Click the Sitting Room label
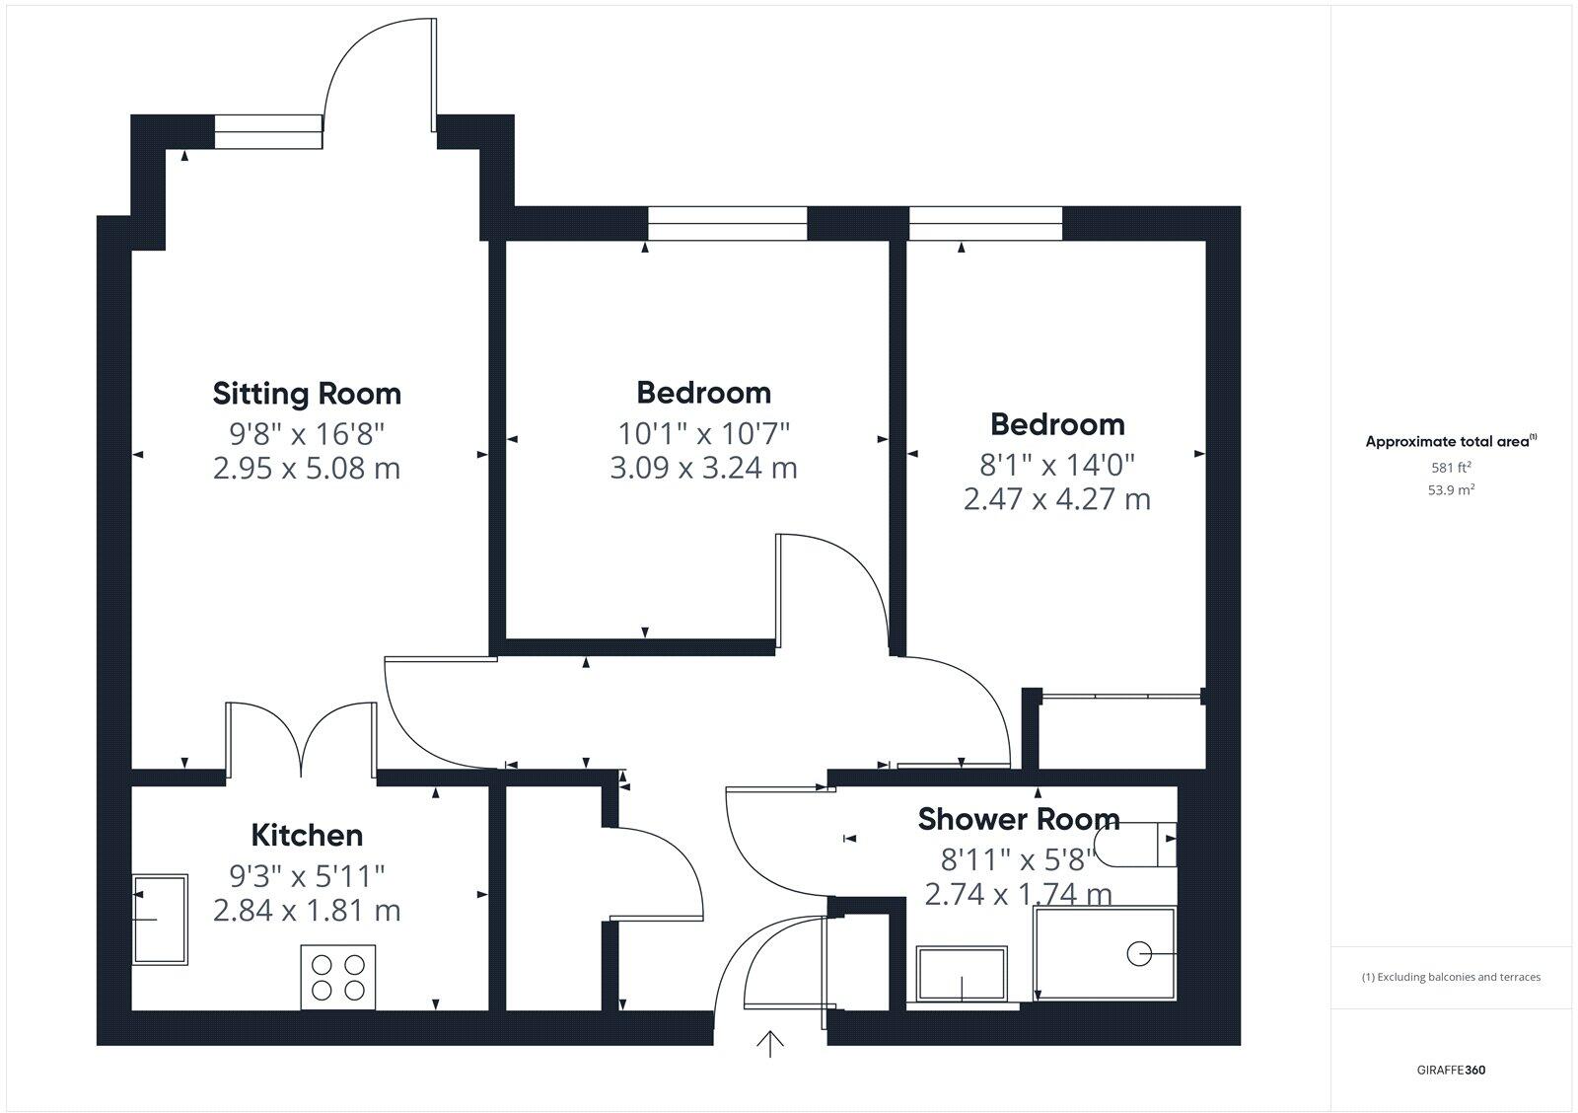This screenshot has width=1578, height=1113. [307, 394]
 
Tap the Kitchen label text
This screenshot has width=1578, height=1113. [307, 836]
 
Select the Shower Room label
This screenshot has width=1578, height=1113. [1018, 819]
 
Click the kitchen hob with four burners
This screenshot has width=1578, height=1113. [338, 977]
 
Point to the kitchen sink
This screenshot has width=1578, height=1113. [160, 919]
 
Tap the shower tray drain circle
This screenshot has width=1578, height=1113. [1139, 954]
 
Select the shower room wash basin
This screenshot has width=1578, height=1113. [962, 974]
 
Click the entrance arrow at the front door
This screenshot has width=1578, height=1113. [769, 1042]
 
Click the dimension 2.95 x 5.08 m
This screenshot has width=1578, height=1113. [307, 468]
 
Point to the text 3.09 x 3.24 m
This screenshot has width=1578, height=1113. [703, 468]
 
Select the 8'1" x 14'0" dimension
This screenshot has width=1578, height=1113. [1056, 464]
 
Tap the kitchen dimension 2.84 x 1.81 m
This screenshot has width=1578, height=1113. [307, 910]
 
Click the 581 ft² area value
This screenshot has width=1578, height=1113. [1451, 469]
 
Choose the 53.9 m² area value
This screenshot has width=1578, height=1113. [1451, 489]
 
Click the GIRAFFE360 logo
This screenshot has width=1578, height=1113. [1451, 1070]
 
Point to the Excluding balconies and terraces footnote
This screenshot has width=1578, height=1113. [1451, 977]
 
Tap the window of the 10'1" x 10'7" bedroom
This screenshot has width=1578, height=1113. [727, 224]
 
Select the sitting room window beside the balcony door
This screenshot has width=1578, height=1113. [268, 131]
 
